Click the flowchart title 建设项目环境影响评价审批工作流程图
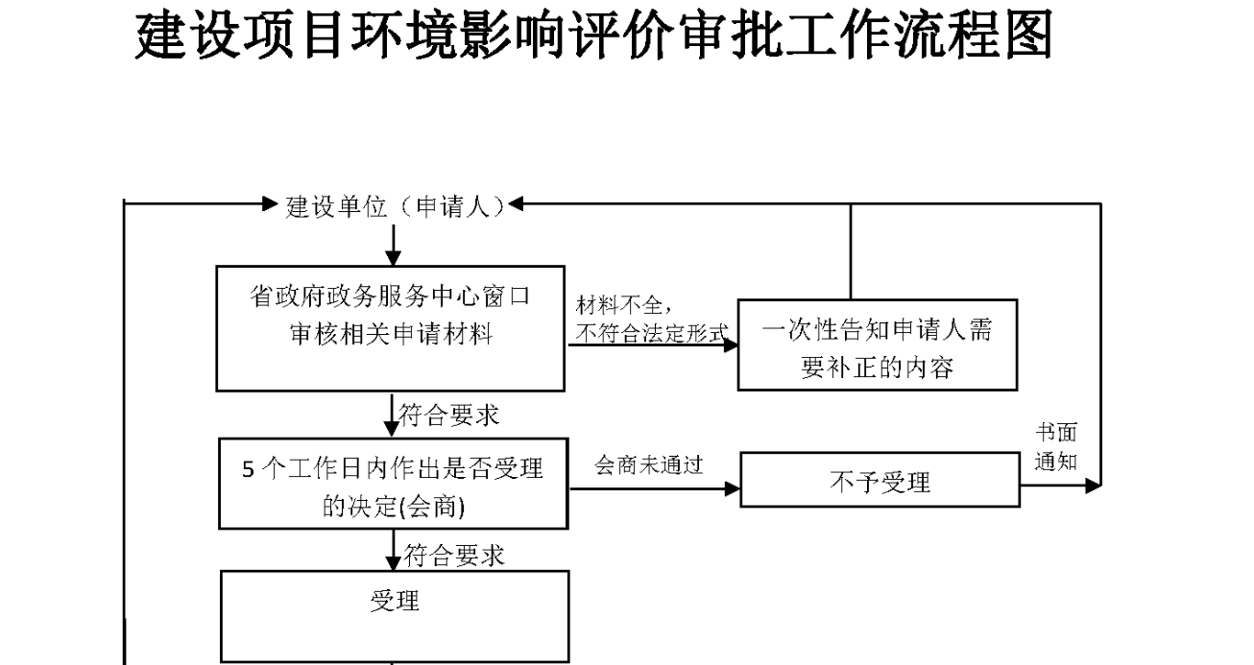(594, 36)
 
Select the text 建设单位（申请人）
(396, 206)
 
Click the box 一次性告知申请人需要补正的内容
(877, 344)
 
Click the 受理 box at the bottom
(395, 614)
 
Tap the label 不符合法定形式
(651, 332)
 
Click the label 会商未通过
(649, 465)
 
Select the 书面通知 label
(1055, 447)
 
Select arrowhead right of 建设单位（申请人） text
(515, 203)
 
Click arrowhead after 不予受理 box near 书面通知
(1093, 487)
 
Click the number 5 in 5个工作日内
(248, 470)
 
